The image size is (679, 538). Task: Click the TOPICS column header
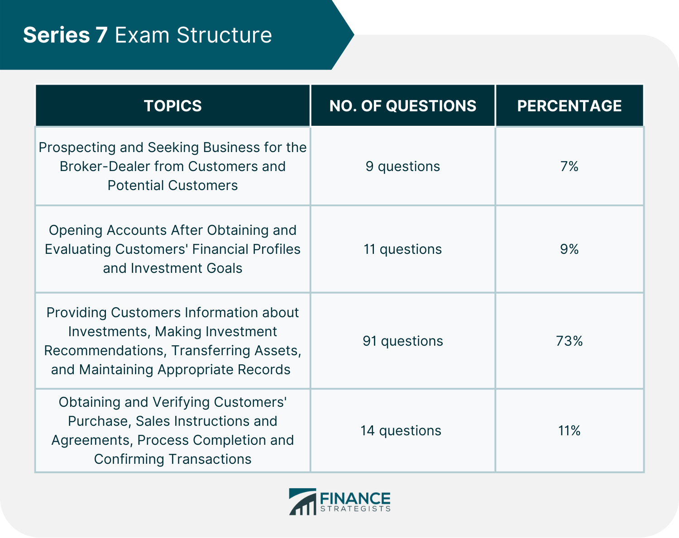point(172,105)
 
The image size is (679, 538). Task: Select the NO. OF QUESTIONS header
point(402,105)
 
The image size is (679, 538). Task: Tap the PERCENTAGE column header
point(569,105)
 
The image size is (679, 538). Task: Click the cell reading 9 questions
point(402,166)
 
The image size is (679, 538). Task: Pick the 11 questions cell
point(402,249)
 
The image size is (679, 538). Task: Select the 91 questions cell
point(402,341)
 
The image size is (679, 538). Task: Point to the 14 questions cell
point(401,430)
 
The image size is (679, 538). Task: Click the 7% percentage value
point(569,166)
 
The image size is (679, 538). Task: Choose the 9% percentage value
point(569,249)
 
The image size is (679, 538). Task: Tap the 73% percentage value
point(569,341)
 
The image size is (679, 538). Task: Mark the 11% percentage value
point(569,430)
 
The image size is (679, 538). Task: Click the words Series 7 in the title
point(65,35)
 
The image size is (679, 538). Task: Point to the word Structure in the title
point(224,35)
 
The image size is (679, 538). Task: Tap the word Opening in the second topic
point(75,230)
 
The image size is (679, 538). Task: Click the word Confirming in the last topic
point(129,459)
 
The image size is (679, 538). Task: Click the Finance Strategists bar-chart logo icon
point(302,501)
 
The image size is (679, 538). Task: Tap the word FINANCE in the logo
point(355,499)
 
